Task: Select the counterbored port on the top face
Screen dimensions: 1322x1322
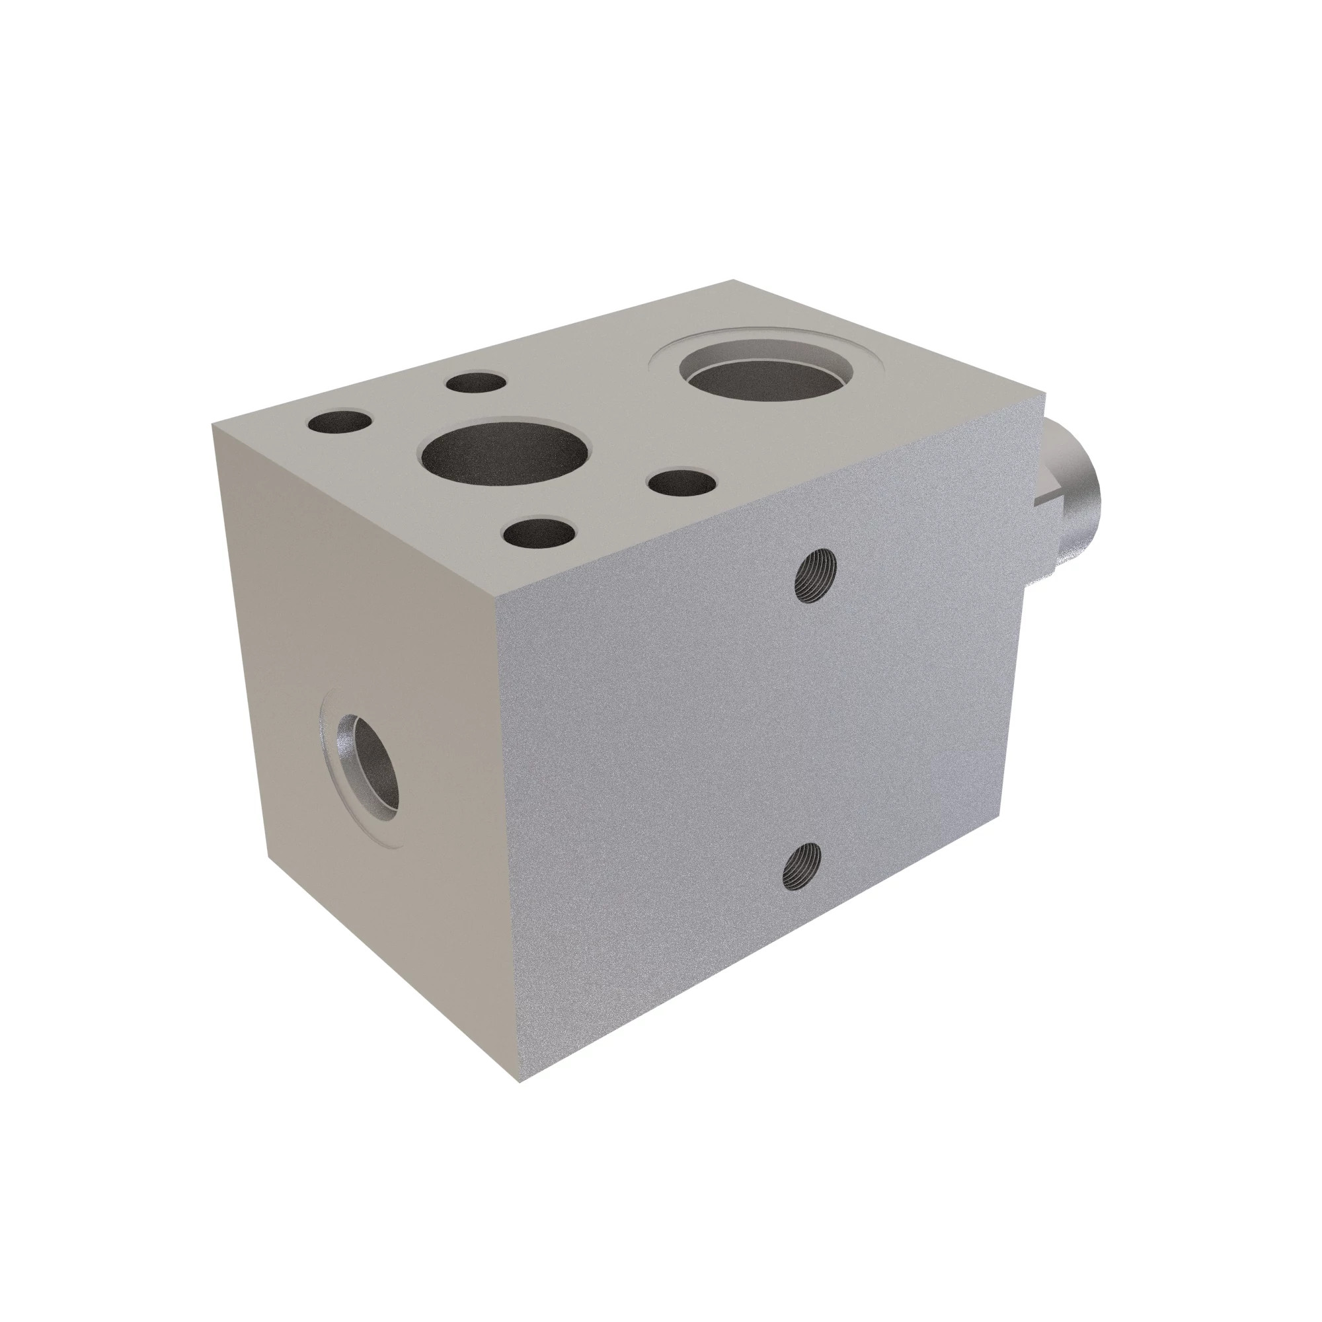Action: [x=767, y=375]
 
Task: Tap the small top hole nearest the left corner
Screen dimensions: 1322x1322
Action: [x=339, y=422]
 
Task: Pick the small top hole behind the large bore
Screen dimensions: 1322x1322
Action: [x=475, y=382]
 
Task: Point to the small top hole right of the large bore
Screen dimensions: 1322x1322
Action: [x=681, y=483]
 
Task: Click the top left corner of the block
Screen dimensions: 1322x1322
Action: [x=213, y=424]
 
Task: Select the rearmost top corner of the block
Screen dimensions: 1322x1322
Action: [x=734, y=280]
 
